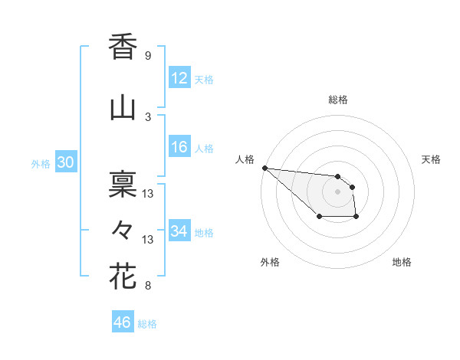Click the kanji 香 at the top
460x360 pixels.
click(123, 47)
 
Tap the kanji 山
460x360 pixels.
click(123, 108)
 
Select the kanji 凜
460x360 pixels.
click(123, 184)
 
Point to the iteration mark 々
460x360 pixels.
click(123, 230)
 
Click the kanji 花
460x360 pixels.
click(123, 276)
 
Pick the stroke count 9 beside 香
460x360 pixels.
click(148, 56)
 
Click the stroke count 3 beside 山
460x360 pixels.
click(148, 116)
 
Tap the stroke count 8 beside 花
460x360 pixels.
click(148, 286)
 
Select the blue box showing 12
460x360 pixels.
click(179, 78)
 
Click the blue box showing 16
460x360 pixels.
click(179, 147)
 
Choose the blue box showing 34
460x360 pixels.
click(179, 231)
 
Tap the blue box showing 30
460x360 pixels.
click(65, 163)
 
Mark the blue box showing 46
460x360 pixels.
click(123, 322)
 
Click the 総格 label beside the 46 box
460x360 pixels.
click(147, 324)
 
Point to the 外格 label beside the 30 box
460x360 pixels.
click(41, 164)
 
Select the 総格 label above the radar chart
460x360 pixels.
click(338, 100)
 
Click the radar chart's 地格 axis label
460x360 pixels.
click(402, 262)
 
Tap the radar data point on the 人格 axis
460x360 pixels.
click(264, 168)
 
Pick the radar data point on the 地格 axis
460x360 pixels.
click(356, 218)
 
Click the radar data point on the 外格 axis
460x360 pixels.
click(319, 218)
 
